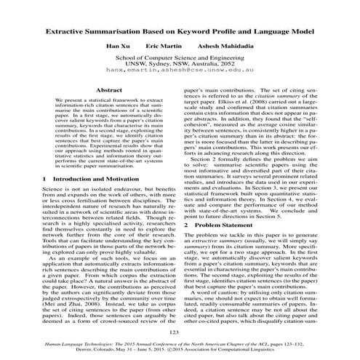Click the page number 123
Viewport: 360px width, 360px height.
click(x=180, y=332)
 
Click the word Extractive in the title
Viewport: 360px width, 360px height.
click(x=69, y=32)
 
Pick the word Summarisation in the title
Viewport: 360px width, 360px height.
click(x=127, y=32)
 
